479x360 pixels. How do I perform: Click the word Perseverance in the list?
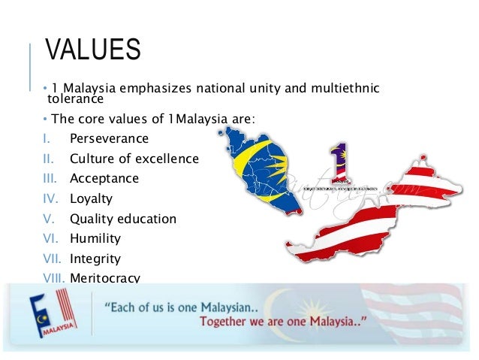tap(109, 139)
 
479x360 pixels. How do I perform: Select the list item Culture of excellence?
tap(134, 159)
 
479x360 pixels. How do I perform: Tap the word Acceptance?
tap(104, 179)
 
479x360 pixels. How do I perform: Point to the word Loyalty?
tap(91, 199)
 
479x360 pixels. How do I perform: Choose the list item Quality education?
tap(123, 219)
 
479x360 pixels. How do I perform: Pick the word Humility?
tap(95, 239)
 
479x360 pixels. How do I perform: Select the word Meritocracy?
tap(105, 278)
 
